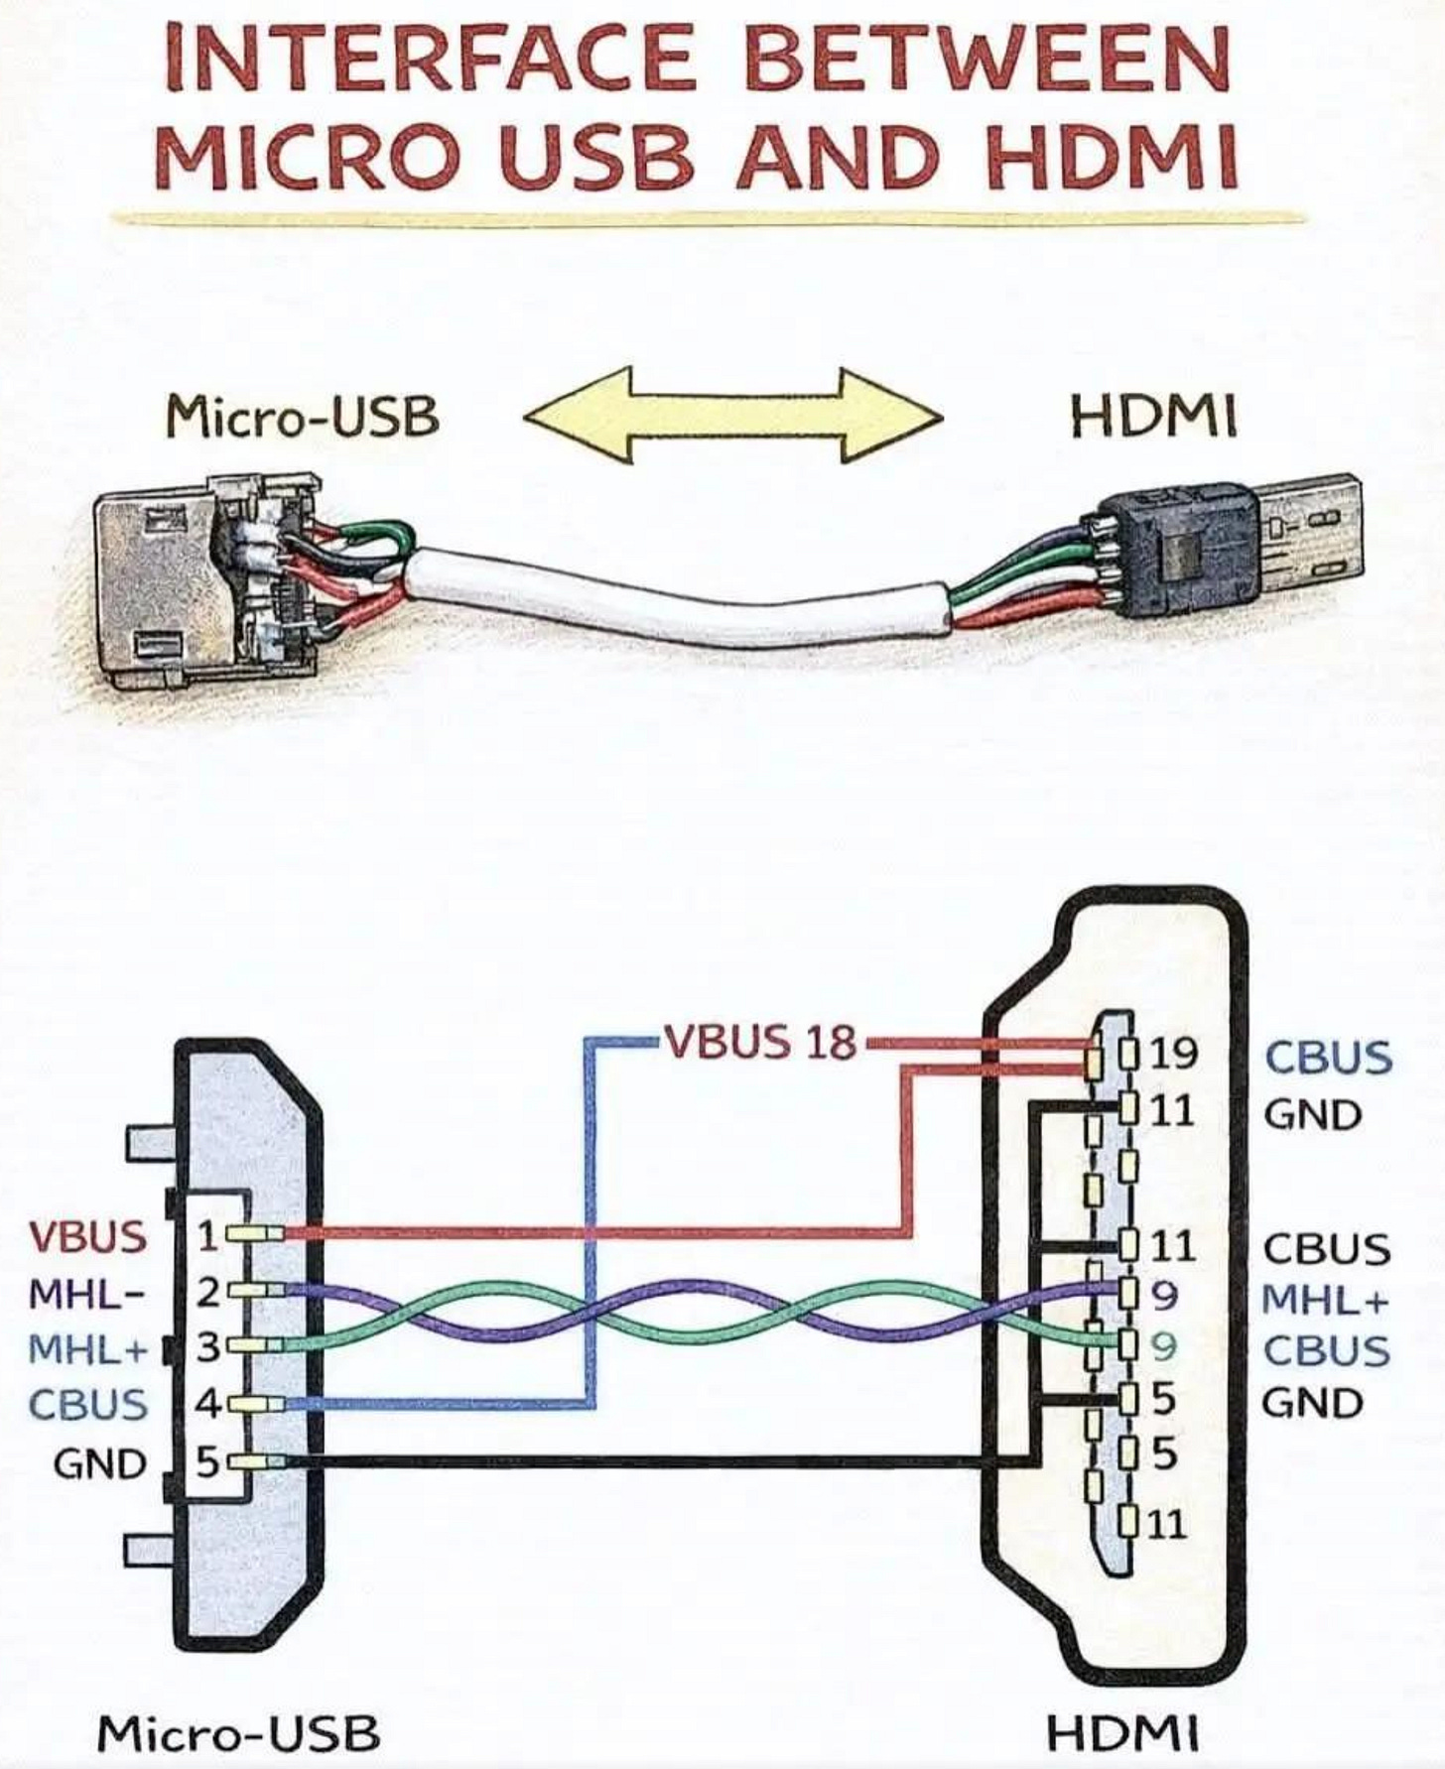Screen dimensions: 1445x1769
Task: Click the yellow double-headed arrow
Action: point(733,415)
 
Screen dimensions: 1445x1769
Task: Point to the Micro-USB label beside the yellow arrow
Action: point(303,417)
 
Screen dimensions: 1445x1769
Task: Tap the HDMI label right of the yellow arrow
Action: point(1154,417)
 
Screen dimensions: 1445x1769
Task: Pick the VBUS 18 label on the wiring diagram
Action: point(759,1042)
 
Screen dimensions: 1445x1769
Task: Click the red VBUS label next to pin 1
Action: point(87,1237)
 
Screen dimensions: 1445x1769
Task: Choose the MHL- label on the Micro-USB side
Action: point(87,1294)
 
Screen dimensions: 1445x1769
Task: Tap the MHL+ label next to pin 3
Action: point(87,1349)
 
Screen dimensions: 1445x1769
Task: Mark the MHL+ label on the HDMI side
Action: point(1325,1299)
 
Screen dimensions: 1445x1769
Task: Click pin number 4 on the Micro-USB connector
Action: point(207,1404)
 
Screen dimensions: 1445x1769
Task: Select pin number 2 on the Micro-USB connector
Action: point(207,1293)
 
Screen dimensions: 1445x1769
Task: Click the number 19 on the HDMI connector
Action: point(1174,1054)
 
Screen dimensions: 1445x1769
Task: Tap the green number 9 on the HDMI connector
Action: point(1164,1346)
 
